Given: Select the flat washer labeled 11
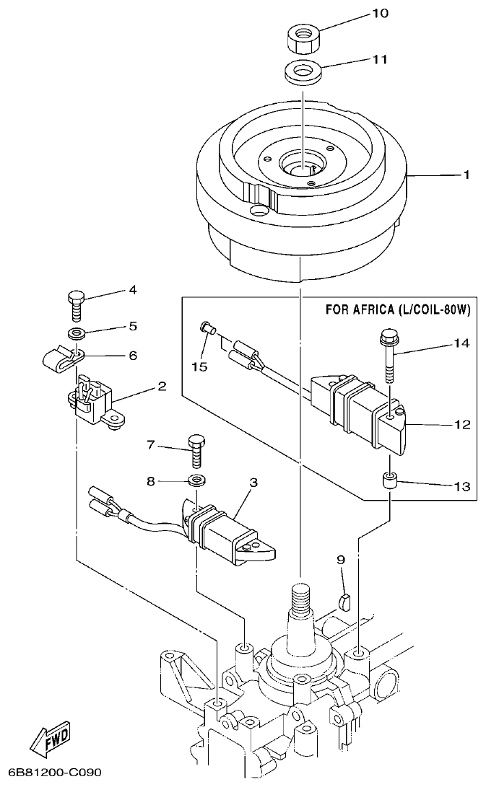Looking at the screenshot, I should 301,73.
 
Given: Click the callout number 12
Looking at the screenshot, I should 462,425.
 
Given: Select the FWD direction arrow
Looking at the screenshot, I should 51,738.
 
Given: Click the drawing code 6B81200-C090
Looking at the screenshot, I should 51,773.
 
